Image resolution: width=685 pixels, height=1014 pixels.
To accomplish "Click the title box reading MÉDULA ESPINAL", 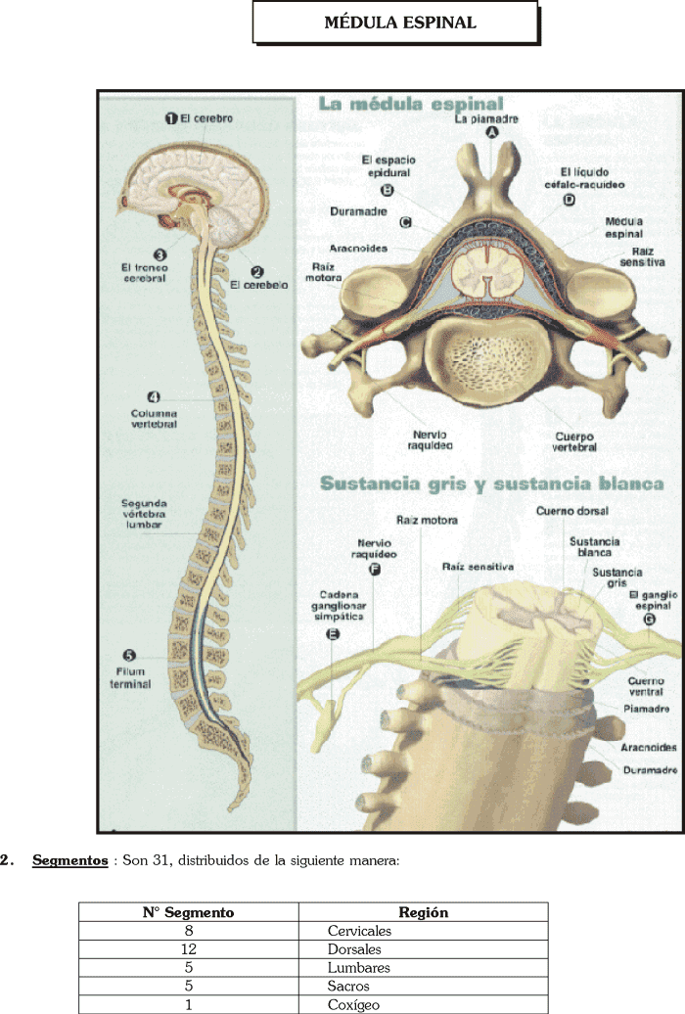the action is point(395,23).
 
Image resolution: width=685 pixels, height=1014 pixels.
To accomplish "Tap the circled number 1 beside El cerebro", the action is point(171,118).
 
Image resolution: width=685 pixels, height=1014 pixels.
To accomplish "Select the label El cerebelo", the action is point(258,285).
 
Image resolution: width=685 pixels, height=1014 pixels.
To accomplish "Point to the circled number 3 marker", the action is point(160,254).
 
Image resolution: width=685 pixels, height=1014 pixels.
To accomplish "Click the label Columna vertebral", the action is point(154,419).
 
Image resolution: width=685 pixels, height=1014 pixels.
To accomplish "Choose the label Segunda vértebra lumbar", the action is point(144,514).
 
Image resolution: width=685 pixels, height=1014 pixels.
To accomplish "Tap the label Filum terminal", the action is point(130,678).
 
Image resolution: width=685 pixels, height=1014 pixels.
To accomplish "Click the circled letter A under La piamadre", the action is point(492,132).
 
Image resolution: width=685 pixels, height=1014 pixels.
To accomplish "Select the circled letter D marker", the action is point(570,200).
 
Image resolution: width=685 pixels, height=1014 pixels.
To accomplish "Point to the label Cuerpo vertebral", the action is point(573,441).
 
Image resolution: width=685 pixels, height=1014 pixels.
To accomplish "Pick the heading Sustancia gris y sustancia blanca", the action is point(492,484).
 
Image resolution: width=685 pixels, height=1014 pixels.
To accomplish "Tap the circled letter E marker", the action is point(333,634).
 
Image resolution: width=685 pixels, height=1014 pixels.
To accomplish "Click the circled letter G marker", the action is point(650,620).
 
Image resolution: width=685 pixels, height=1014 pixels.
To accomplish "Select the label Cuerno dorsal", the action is point(572,511).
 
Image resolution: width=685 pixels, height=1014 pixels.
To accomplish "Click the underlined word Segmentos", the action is point(69,861).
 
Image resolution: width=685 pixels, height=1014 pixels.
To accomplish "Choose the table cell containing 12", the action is point(189,949).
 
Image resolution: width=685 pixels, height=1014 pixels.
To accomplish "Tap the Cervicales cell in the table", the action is point(359,931).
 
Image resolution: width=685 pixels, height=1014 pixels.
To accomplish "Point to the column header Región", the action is point(424,912).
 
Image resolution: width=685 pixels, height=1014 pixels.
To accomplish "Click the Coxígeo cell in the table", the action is point(353,1005).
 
